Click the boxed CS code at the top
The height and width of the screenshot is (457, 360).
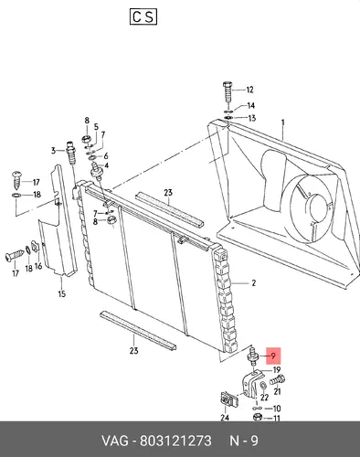pos(143,16)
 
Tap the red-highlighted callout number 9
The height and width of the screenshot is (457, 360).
pos(273,356)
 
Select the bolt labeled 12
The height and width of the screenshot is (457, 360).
pos(228,91)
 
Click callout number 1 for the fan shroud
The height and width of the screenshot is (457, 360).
pos(283,122)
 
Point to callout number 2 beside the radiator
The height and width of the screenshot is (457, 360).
pos(254,283)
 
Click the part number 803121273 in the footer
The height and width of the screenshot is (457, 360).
pos(175,441)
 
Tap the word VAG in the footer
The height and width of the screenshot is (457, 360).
pos(115,441)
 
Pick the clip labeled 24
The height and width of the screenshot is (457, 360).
pos(228,399)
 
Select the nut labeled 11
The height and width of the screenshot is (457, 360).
pos(258,417)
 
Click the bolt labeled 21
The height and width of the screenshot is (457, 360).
pos(278,380)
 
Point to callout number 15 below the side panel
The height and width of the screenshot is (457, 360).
pos(62,294)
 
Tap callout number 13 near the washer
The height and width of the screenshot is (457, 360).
pos(252,118)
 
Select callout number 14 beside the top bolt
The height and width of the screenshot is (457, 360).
pos(250,106)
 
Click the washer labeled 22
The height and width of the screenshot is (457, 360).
pos(264,387)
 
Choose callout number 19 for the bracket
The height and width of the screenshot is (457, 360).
pos(277,370)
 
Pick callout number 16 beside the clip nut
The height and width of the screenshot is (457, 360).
pos(38,266)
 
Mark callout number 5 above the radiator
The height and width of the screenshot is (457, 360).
pos(96,127)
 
